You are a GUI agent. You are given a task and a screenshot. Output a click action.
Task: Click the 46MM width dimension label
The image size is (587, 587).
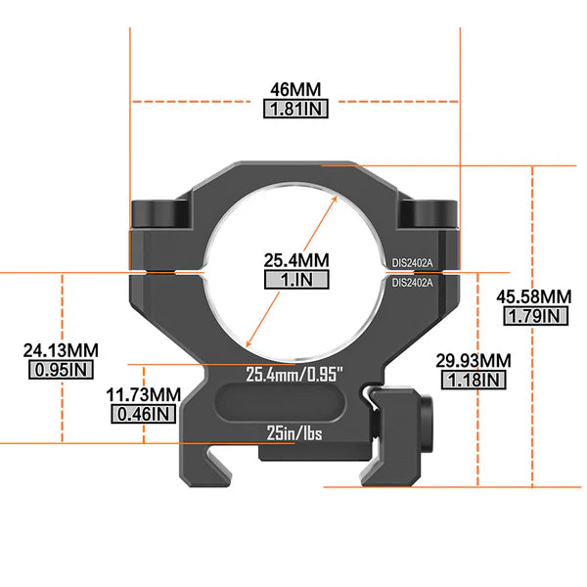tap(295, 90)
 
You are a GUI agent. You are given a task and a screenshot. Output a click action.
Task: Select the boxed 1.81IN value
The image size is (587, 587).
tap(295, 110)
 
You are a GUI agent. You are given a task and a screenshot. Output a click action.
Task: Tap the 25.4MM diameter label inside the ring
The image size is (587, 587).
tap(295, 260)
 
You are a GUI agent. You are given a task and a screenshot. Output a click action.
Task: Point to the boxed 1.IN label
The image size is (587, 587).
tap(295, 280)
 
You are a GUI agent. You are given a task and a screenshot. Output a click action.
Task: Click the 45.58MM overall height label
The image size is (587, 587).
tap(534, 296)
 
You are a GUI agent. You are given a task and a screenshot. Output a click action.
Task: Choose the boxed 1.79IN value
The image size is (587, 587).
tap(534, 316)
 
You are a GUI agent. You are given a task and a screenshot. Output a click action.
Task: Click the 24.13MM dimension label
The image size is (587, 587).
tap(60, 349)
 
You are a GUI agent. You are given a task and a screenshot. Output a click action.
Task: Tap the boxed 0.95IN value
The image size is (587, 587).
tap(60, 370)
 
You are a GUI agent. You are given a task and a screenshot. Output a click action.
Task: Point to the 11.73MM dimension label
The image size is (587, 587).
tap(143, 393)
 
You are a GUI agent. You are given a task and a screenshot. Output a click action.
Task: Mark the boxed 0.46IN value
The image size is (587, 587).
tap(143, 414)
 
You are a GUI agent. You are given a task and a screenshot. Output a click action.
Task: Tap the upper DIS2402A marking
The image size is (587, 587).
tap(412, 262)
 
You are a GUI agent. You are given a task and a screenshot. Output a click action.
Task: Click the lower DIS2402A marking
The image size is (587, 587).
tap(412, 283)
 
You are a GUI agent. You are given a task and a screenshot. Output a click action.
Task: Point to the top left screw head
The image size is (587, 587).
tap(157, 212)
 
